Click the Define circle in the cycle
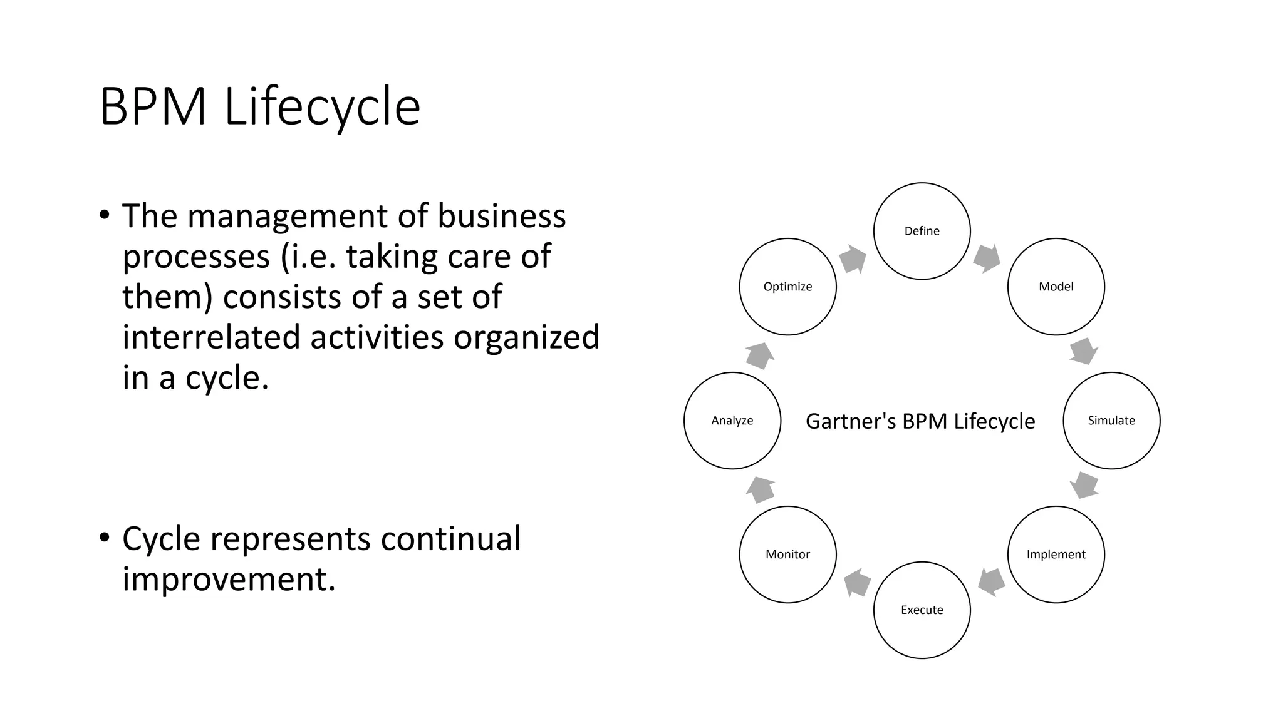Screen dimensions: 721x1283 [x=922, y=231]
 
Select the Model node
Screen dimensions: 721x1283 [x=1056, y=287]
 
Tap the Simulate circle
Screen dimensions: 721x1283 [x=1111, y=421]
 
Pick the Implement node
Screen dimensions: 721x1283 [x=1056, y=555]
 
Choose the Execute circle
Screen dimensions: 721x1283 [x=922, y=610]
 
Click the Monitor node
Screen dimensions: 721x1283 [x=787, y=555]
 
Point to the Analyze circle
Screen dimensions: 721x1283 [x=732, y=421]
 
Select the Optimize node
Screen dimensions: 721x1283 [x=787, y=287]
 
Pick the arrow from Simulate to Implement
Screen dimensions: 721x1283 [x=1084, y=485]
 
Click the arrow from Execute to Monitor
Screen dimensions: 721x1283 [x=857, y=583]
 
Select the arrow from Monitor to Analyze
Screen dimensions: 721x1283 [x=761, y=489]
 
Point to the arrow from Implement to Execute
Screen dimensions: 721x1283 [x=991, y=582]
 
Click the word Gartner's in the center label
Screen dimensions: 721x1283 [x=850, y=421]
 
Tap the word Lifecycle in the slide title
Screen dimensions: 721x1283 [x=322, y=107]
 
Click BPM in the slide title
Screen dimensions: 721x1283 [x=153, y=107]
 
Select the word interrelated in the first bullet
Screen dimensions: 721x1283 [x=212, y=337]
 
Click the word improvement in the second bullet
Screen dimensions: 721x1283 [x=229, y=578]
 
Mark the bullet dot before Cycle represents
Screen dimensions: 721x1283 [x=105, y=538]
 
